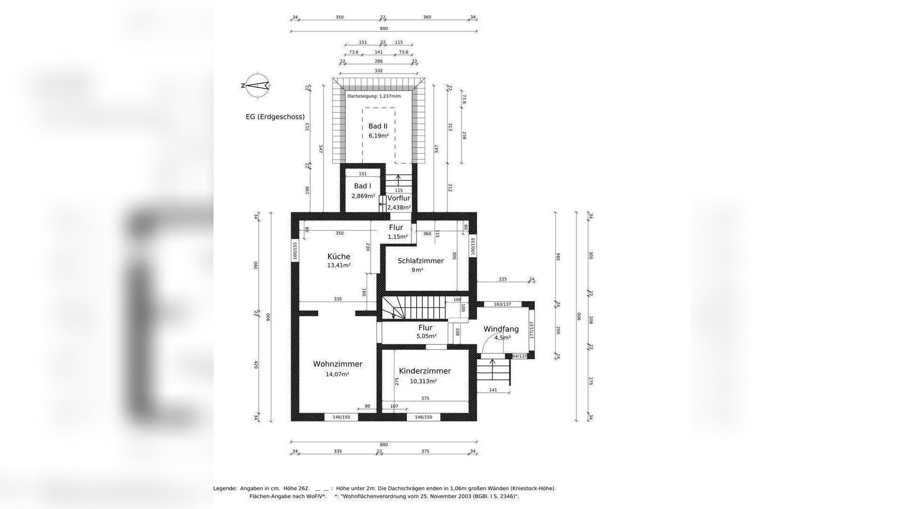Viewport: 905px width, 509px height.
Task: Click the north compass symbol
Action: [x=257, y=85]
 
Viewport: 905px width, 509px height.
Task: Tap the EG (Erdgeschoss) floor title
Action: [x=275, y=117]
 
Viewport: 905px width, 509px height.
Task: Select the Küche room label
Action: [x=339, y=256]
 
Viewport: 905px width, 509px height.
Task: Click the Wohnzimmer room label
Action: [x=338, y=364]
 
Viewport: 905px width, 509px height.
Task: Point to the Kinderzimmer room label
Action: [x=425, y=371]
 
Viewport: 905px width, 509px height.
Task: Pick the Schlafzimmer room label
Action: [x=420, y=261]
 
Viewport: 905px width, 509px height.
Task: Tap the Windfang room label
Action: [x=501, y=329]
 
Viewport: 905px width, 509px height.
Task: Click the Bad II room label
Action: [x=378, y=126]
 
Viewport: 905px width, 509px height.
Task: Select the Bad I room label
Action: [x=362, y=186]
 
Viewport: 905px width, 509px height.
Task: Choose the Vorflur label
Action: [x=399, y=198]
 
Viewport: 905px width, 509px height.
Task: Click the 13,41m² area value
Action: [x=339, y=265]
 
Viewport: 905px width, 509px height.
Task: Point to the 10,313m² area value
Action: [x=424, y=381]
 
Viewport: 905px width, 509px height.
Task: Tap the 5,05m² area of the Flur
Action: [x=426, y=337]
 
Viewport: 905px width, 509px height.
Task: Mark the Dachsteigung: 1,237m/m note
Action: [x=374, y=96]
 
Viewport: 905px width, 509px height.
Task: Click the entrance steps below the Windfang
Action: [x=493, y=372]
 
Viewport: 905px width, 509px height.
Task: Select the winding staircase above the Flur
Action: [x=413, y=308]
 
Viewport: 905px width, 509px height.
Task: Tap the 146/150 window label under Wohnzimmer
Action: [x=341, y=417]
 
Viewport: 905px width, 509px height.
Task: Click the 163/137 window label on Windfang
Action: [x=502, y=304]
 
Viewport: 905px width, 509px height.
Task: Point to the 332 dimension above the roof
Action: [x=378, y=71]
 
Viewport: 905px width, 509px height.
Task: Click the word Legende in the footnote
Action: [x=225, y=489]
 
